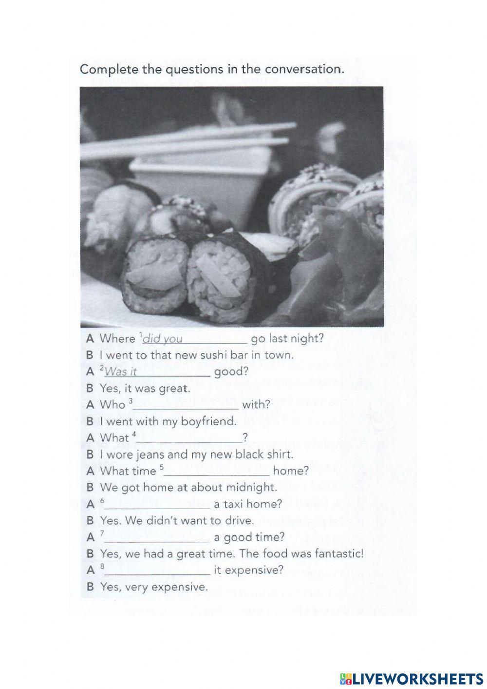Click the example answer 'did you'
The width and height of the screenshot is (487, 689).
coord(163,339)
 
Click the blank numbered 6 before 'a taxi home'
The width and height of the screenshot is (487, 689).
coord(158,505)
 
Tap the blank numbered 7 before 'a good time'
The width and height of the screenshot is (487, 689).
coord(158,538)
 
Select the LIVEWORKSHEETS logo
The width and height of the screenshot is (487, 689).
coord(411,678)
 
